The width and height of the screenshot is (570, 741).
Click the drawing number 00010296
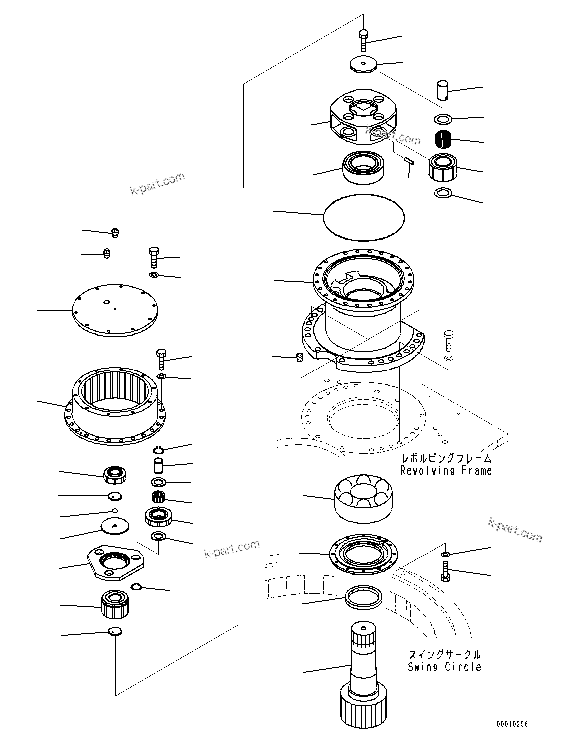[511, 724]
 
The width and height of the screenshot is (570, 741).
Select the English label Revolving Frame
[446, 470]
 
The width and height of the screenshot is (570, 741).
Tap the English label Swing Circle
[444, 667]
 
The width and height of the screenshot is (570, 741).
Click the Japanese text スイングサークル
[444, 654]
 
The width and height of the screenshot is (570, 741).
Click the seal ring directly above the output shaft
[363, 596]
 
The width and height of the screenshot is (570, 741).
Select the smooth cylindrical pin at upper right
[442, 90]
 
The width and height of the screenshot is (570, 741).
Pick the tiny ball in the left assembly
[115, 511]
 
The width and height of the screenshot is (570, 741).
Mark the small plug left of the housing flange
[299, 357]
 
